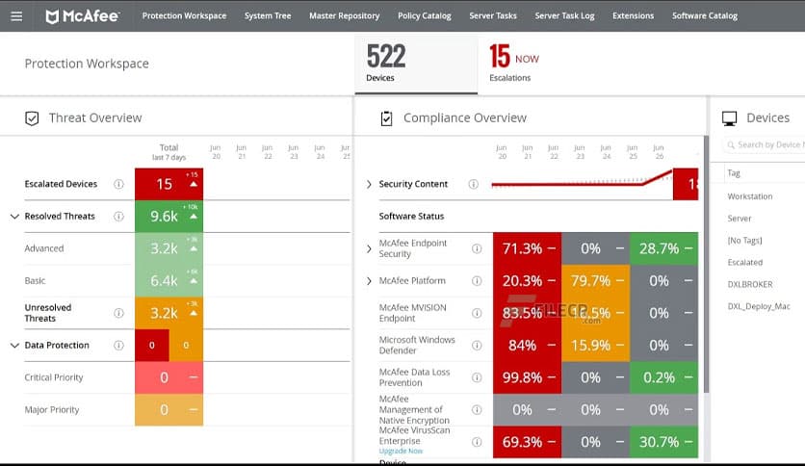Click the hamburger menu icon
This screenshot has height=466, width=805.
click(x=16, y=15)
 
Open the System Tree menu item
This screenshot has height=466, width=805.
click(x=268, y=15)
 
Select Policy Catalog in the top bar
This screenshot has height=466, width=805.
click(x=424, y=15)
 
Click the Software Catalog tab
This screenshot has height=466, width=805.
click(x=704, y=15)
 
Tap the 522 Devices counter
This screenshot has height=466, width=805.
click(x=386, y=63)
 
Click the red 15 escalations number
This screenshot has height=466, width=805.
click(x=500, y=57)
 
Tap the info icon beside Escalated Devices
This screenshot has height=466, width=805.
click(x=118, y=184)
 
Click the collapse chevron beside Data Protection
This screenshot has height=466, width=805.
click(x=13, y=346)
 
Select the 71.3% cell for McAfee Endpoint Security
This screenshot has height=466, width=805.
click(x=526, y=248)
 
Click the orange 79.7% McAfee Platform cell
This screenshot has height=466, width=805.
click(x=594, y=281)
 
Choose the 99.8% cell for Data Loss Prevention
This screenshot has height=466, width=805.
click(x=526, y=377)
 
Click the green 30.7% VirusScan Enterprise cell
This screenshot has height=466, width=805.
click(x=663, y=442)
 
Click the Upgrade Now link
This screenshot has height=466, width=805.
click(x=401, y=451)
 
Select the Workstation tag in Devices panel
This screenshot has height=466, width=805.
click(x=750, y=196)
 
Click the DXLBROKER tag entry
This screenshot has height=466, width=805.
click(x=750, y=284)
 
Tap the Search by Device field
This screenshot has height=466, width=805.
click(x=767, y=144)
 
